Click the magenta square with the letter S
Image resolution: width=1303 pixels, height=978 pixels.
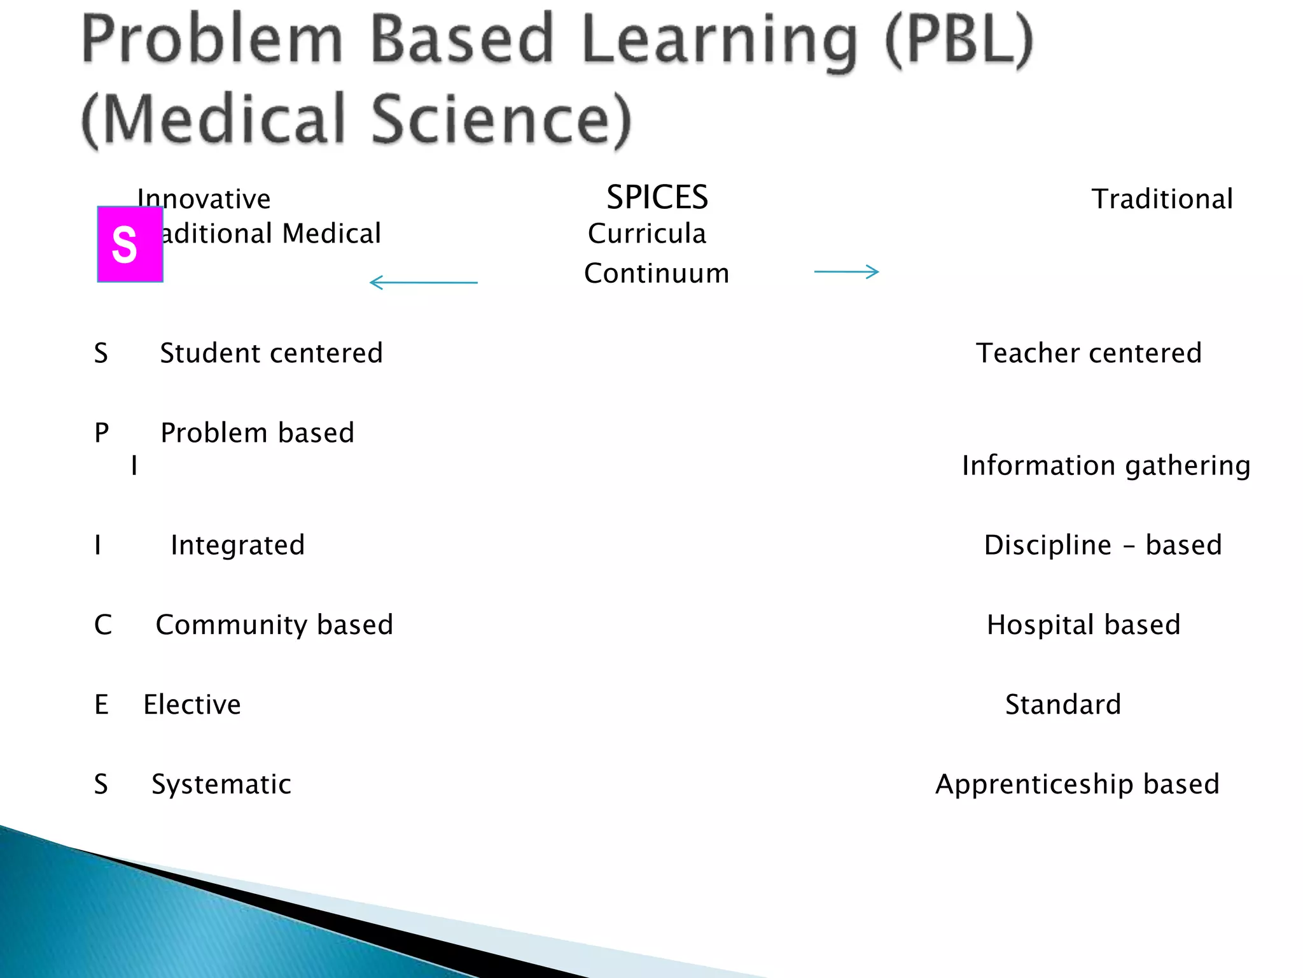pyautogui.click(x=130, y=244)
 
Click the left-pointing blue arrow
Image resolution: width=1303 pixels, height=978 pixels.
pyautogui.click(x=423, y=282)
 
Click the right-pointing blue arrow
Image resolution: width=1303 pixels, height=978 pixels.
pyautogui.click(x=846, y=272)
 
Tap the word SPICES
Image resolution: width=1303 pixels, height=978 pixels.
pyautogui.click(x=657, y=197)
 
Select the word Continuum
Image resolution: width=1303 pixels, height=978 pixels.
pyautogui.click(x=657, y=274)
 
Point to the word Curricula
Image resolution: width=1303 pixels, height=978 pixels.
pyautogui.click(x=646, y=234)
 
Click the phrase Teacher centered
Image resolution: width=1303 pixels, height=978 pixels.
pyautogui.click(x=1089, y=353)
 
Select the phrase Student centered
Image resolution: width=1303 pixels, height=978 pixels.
pyautogui.click(x=271, y=353)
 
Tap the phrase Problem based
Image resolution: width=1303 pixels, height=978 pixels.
pyautogui.click(x=257, y=433)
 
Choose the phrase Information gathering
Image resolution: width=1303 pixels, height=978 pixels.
pyautogui.click(x=1106, y=465)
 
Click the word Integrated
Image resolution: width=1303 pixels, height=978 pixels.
pyautogui.click(x=238, y=545)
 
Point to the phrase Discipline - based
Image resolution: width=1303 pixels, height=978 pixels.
pyautogui.click(x=1103, y=545)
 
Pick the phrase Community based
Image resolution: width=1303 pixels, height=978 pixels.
pyautogui.click(x=274, y=625)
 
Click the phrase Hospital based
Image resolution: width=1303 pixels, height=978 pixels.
pyautogui.click(x=1084, y=625)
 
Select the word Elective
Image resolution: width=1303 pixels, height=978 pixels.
pyautogui.click(x=192, y=704)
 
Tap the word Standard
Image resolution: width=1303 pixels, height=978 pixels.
pyautogui.click(x=1063, y=704)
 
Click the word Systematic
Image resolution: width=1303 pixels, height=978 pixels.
pyautogui.click(x=221, y=784)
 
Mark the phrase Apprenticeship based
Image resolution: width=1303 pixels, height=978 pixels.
pyautogui.click(x=1077, y=784)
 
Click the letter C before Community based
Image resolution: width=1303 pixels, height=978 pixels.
pyautogui.click(x=102, y=625)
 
